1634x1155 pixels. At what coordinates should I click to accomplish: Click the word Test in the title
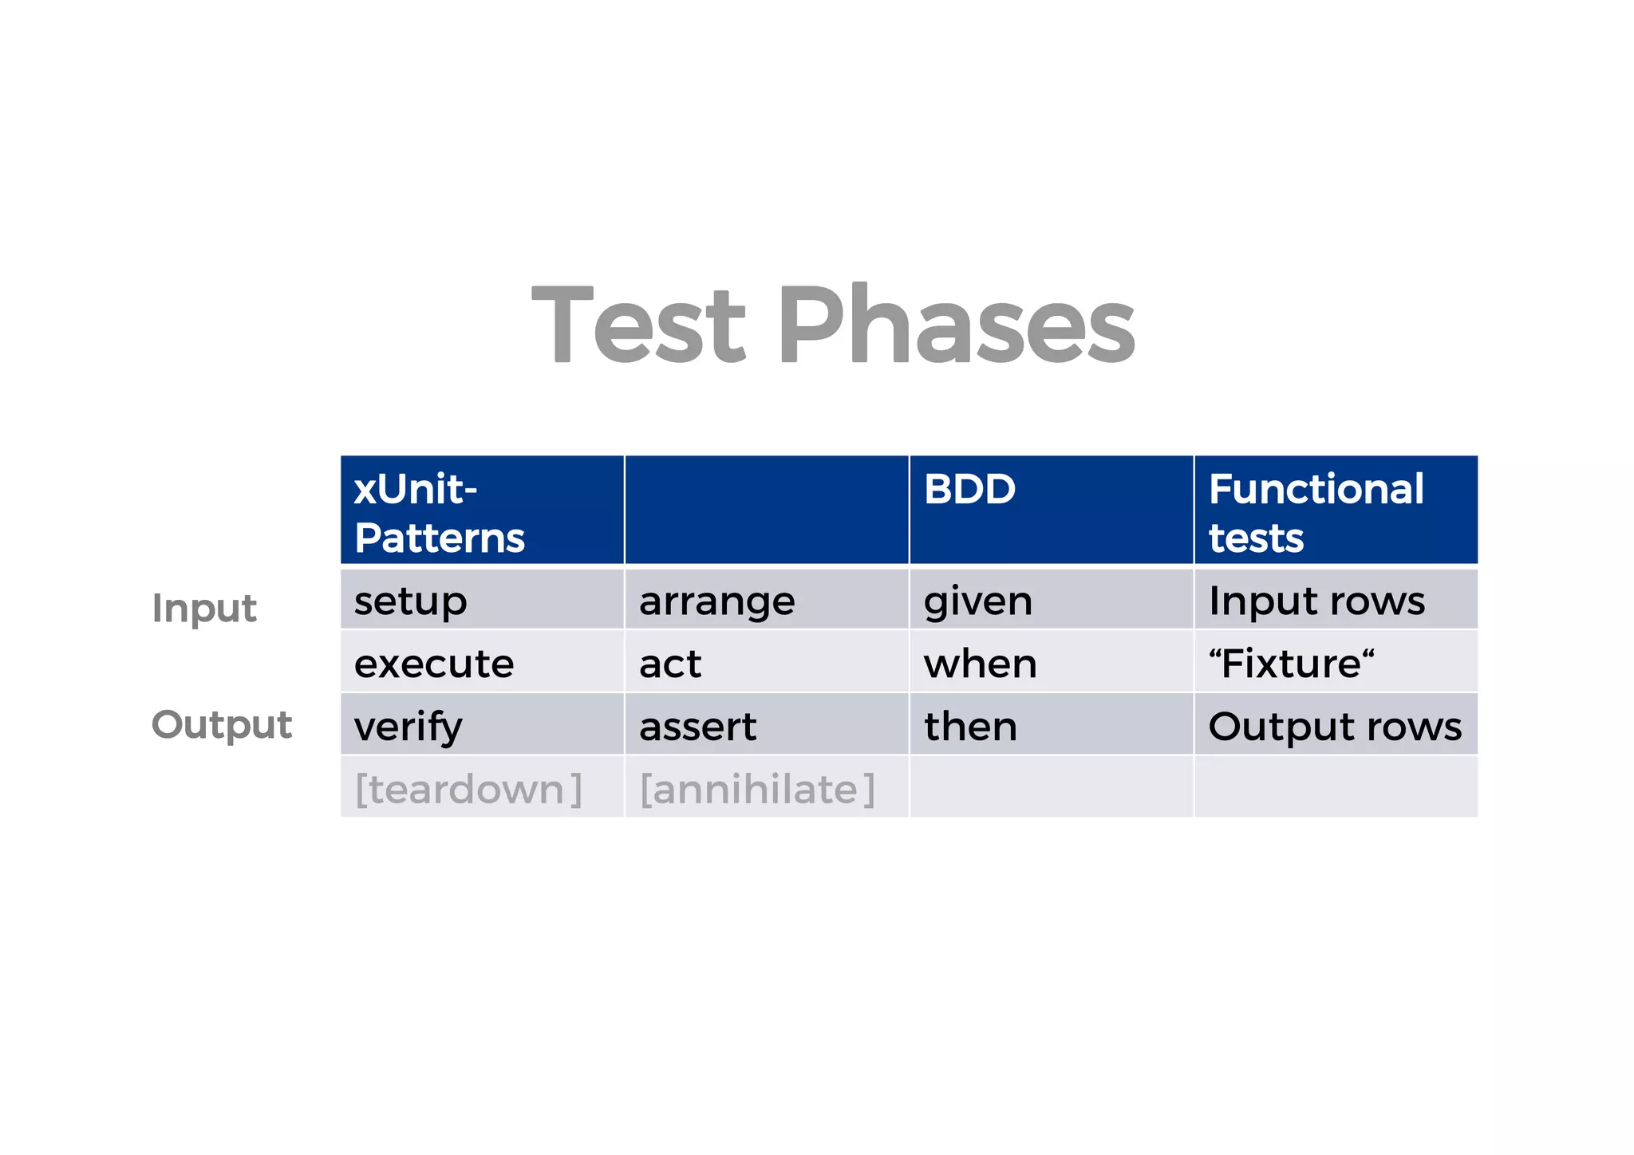[638, 325]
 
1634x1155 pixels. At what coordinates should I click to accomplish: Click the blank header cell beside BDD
[766, 510]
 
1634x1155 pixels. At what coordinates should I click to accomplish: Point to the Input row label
[204, 609]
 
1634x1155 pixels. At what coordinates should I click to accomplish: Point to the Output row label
[222, 725]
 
